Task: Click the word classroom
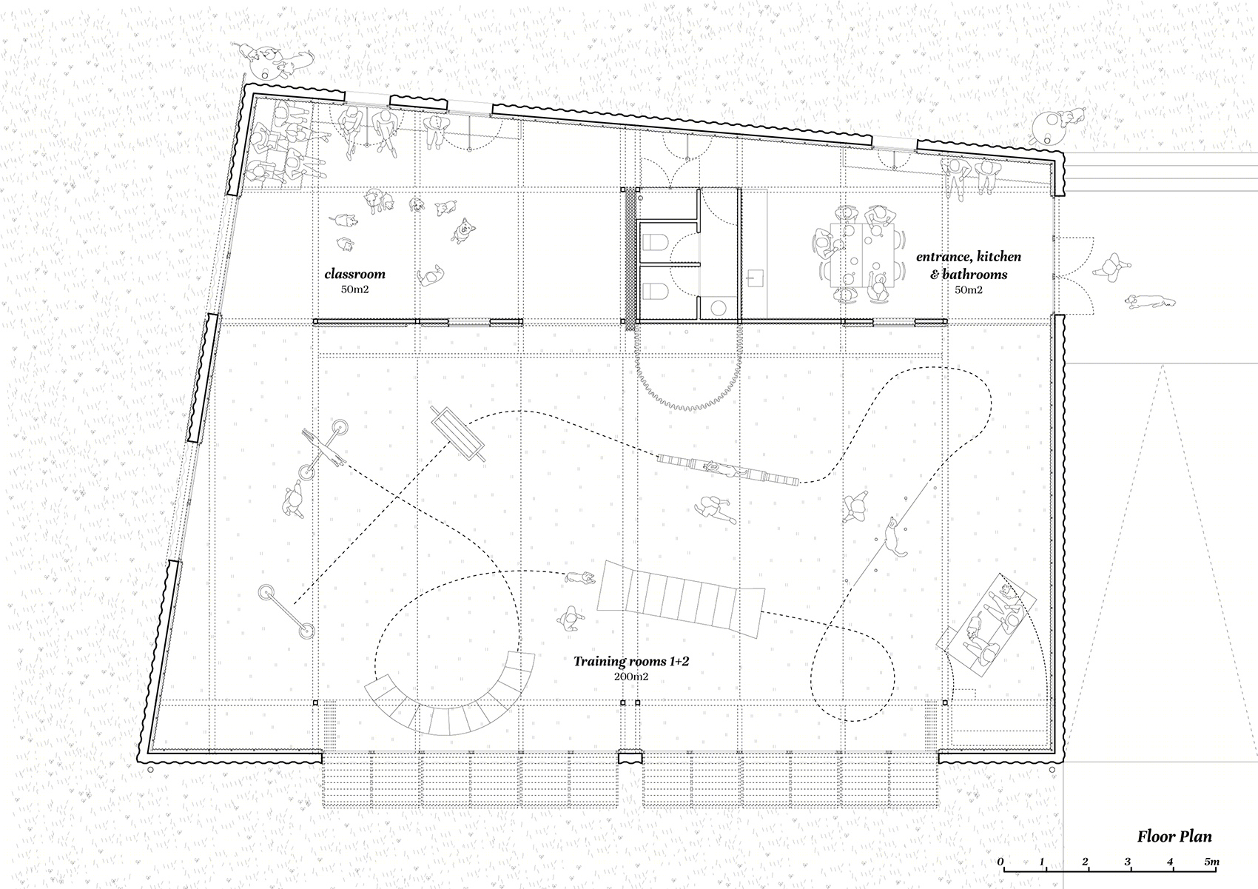click(355, 274)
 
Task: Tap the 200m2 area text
click(630, 677)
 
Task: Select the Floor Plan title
click(1174, 836)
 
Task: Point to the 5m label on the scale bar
click(1212, 862)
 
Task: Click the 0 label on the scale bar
click(1000, 862)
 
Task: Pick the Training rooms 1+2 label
click(630, 662)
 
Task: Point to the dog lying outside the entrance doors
click(1150, 301)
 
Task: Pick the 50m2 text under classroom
click(354, 289)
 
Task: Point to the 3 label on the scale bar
click(1127, 862)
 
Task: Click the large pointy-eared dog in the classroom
click(462, 230)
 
